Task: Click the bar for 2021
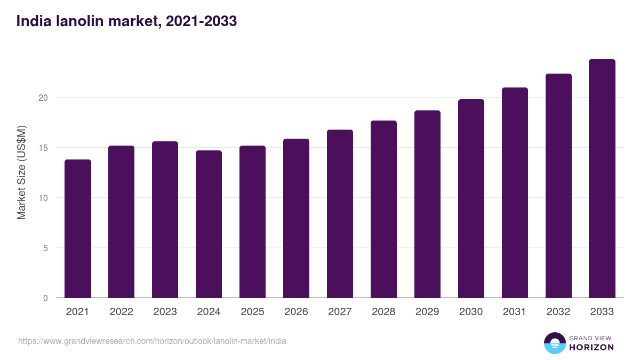pyautogui.click(x=78, y=229)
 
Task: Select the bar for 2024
pyautogui.click(x=209, y=224)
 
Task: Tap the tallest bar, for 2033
pyautogui.click(x=602, y=179)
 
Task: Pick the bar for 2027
pyautogui.click(x=340, y=214)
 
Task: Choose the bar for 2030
pyautogui.click(x=471, y=198)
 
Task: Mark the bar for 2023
pyautogui.click(x=165, y=220)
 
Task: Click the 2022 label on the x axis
pyautogui.click(x=121, y=312)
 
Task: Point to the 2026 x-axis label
pyautogui.click(x=296, y=312)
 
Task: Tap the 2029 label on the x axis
pyautogui.click(x=427, y=312)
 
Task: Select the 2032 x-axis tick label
pyautogui.click(x=558, y=312)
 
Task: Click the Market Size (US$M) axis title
pyautogui.click(x=21, y=172)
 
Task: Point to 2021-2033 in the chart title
pyautogui.click(x=201, y=21)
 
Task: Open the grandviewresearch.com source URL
pyautogui.click(x=152, y=341)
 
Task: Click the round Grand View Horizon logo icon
pyautogui.click(x=554, y=343)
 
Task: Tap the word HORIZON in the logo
pyautogui.click(x=591, y=347)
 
